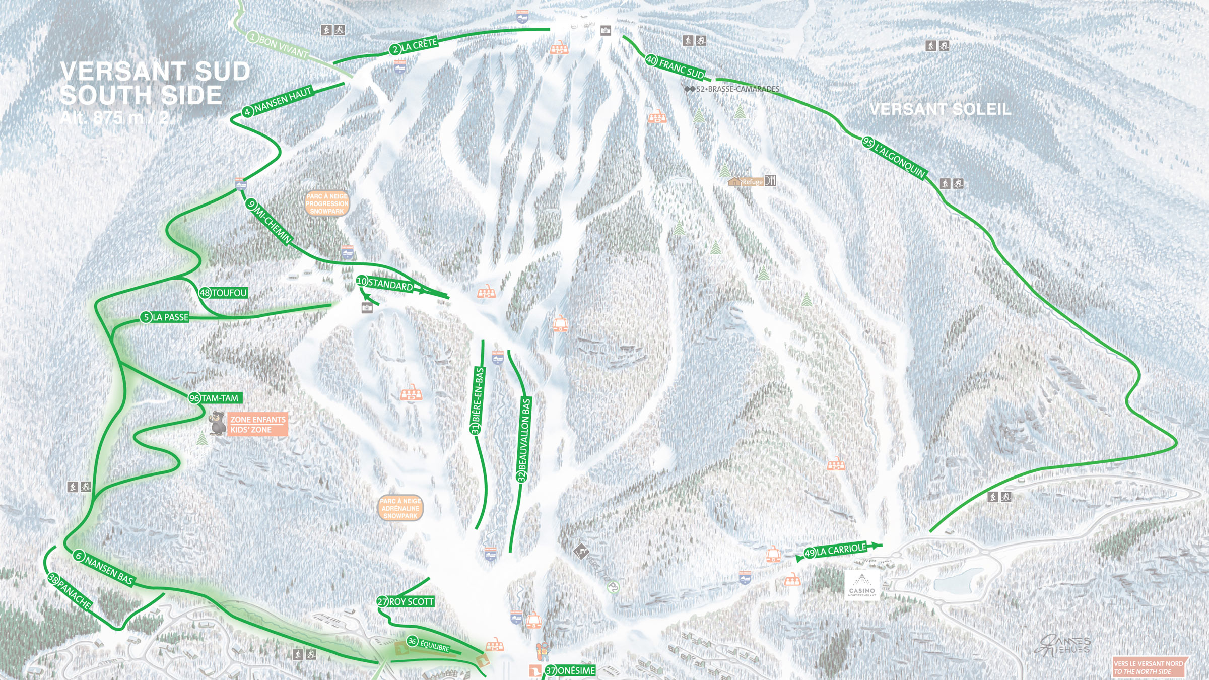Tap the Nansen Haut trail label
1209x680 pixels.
pyautogui.click(x=278, y=102)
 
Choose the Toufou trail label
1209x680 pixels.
pyautogui.click(x=224, y=293)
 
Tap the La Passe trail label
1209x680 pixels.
pyautogui.click(x=165, y=317)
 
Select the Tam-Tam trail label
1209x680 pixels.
pyautogui.click(x=216, y=398)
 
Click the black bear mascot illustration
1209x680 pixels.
pyautogui.click(x=217, y=423)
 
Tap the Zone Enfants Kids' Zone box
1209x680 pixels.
pyautogui.click(x=257, y=425)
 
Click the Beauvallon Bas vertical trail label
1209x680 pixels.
pyautogui.click(x=524, y=440)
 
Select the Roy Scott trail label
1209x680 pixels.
pyautogui.click(x=406, y=601)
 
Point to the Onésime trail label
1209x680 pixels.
pyautogui.click(x=571, y=670)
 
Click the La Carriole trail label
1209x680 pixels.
pyautogui.click(x=836, y=550)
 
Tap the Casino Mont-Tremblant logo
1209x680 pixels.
pyautogui.click(x=862, y=585)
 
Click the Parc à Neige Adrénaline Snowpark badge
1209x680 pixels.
pyautogui.click(x=400, y=508)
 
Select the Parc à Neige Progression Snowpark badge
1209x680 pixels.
pyautogui.click(x=327, y=203)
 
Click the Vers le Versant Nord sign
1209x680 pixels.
pyautogui.click(x=1150, y=667)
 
